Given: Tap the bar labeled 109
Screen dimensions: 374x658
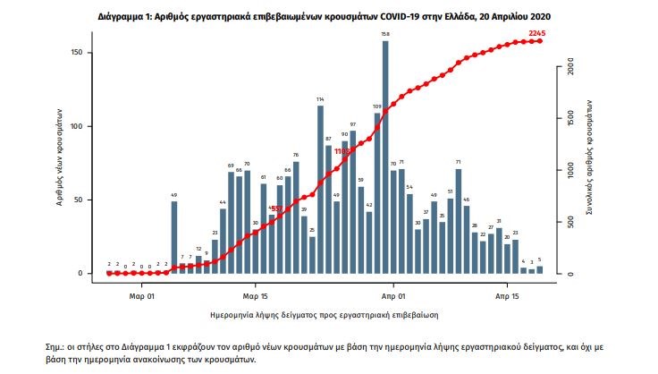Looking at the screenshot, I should coord(377,192).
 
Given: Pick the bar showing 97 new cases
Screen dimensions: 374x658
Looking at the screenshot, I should coord(353,202).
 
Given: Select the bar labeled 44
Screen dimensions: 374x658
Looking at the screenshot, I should coord(223,241).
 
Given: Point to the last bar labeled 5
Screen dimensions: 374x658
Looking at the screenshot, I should coord(539,269).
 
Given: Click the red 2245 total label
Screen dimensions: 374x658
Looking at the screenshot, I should coord(537,33).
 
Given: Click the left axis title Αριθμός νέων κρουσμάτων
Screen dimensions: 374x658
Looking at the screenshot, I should coord(60,161).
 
